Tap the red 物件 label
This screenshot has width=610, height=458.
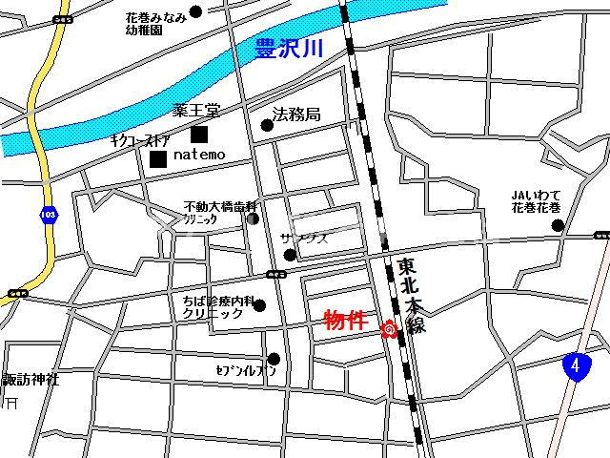[x=346, y=321]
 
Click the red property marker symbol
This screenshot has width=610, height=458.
[x=389, y=331]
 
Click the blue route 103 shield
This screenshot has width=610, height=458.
[x=48, y=216]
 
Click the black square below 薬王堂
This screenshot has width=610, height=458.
[x=198, y=135]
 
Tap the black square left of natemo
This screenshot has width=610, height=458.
[x=157, y=156]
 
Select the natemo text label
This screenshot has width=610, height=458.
[x=199, y=154]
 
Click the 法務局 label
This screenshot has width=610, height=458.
[x=296, y=114]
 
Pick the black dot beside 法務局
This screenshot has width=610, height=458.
[x=267, y=124]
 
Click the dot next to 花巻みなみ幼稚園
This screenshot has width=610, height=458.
[x=196, y=12]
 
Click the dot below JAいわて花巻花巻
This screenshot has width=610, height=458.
[x=558, y=226]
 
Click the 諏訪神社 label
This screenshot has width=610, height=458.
[x=29, y=379]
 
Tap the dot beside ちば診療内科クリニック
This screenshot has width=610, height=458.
[x=259, y=305]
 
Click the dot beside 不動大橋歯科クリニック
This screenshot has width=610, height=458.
[x=253, y=219]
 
